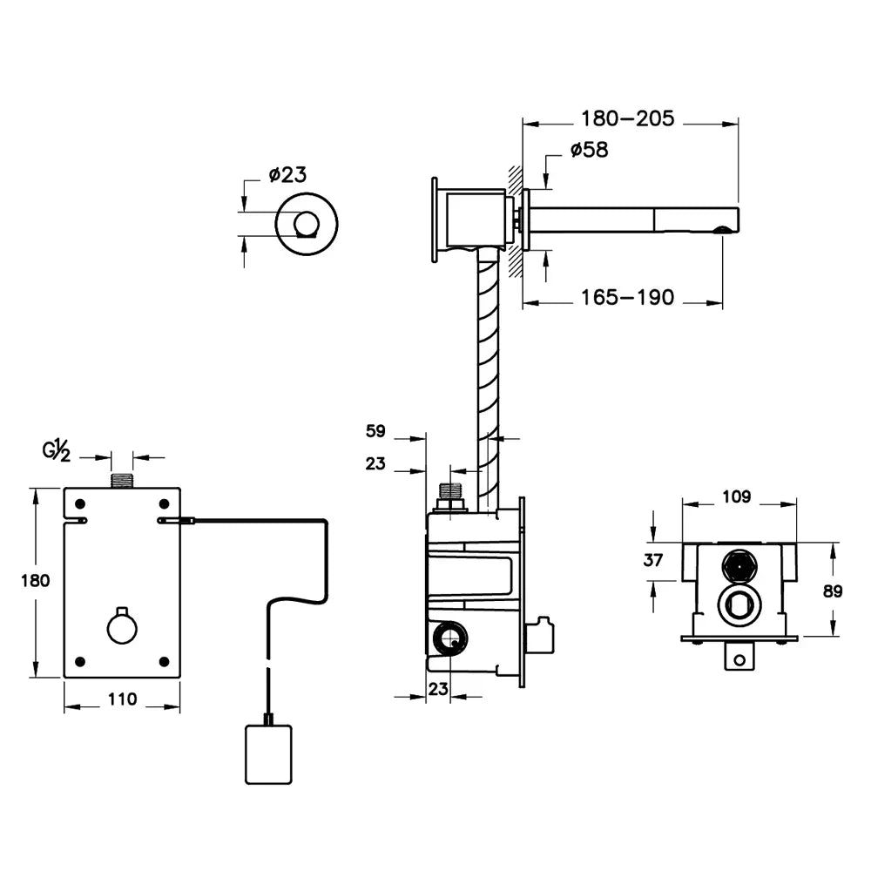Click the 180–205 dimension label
pos(627,118)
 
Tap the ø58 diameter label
pos(590,150)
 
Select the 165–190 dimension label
pos(627,297)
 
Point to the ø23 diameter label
pos(287,174)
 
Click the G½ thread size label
pos(57,450)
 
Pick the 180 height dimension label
pos(35,581)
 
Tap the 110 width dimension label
pos(122,699)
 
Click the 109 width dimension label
pos(737,496)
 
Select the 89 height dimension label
pos(833,591)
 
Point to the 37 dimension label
pos(653,560)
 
